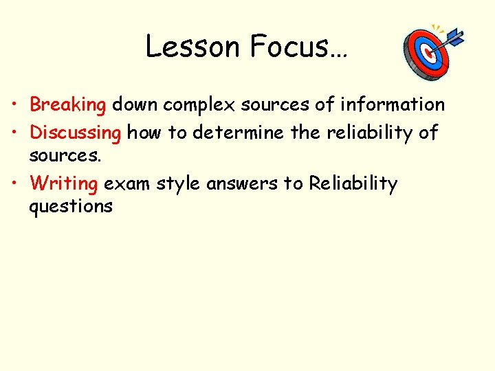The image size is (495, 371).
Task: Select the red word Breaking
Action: pos(67,105)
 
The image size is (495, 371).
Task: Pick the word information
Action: pos(393,104)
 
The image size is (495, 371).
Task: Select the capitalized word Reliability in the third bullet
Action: pos(353,184)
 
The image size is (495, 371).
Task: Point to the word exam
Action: pos(126,184)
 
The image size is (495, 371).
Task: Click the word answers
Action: pos(241,184)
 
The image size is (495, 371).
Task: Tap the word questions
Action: pos(71,206)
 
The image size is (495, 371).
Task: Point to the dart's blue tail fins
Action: pos(455,35)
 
